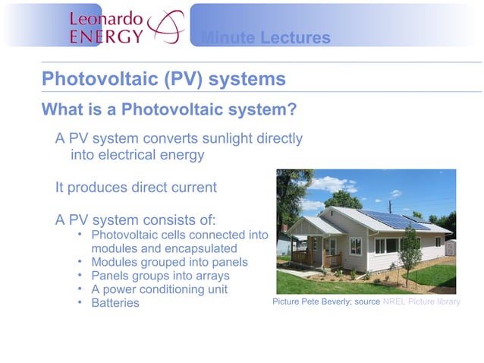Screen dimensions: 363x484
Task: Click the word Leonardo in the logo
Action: tap(105, 17)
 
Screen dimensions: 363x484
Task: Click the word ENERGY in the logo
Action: tap(105, 36)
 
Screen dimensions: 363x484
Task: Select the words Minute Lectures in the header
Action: tap(266, 38)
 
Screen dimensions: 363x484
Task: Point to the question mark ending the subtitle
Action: tap(291, 109)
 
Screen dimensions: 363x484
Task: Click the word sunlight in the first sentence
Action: tap(221, 139)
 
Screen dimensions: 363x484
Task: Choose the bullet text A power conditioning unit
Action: tap(159, 289)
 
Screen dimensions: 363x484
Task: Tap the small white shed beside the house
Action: tap(449, 247)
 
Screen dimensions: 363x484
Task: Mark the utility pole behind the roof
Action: tap(388, 207)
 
